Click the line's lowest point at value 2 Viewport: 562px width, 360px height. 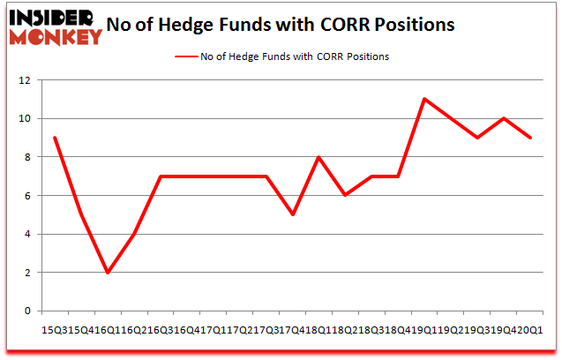click(108, 273)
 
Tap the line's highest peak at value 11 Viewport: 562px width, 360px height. click(424, 99)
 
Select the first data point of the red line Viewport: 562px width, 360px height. click(56, 138)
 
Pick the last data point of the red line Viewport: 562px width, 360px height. click(529, 138)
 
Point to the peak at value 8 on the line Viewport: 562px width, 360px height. click(318, 157)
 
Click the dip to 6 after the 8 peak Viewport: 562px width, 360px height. click(345, 195)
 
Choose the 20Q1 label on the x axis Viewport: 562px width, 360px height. click(533, 329)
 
